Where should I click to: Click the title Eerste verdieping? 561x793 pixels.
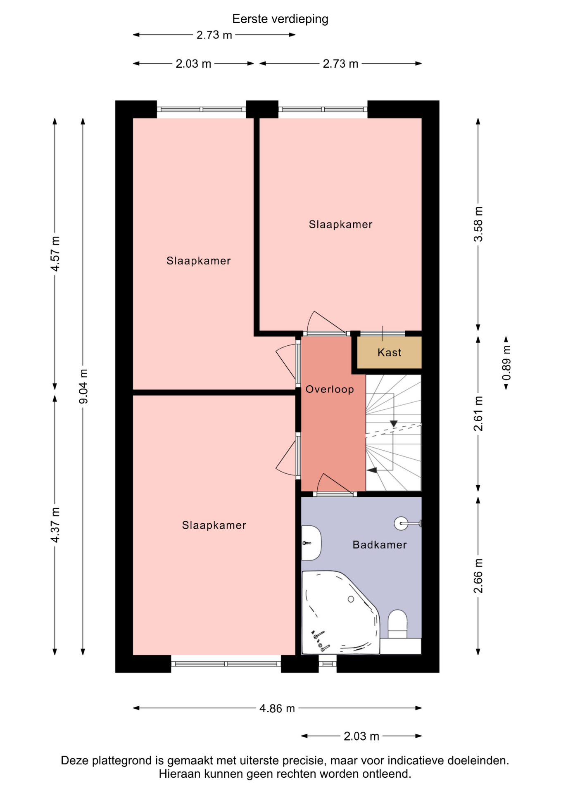coord(280,19)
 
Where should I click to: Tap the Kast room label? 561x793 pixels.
coord(389,352)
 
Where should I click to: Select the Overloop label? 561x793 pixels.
coord(330,389)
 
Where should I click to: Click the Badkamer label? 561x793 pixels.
coord(380,545)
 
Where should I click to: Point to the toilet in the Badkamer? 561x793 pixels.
coord(398,625)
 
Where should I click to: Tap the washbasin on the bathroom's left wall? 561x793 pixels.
coord(311,543)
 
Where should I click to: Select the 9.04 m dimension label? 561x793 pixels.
coord(83,386)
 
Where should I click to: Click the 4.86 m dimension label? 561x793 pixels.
coord(277,708)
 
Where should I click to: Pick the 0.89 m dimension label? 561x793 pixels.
coord(506,363)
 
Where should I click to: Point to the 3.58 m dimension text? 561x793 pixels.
coord(478,224)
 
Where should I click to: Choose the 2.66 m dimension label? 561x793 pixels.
coord(478,576)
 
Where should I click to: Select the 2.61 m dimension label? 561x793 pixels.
coord(478,413)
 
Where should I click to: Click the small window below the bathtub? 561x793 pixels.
coord(328,664)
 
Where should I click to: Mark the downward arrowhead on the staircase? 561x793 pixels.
coord(394,424)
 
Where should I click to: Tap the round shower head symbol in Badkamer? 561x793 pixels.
coord(401,523)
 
